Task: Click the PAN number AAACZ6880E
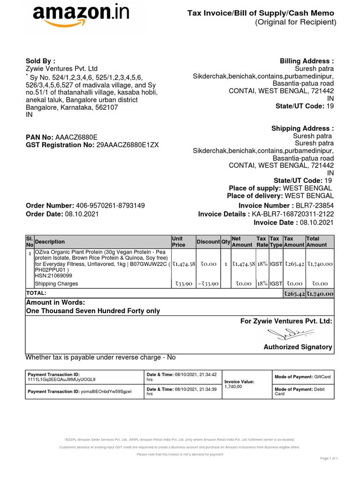pos(76,137)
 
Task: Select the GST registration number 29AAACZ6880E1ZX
pos(127,145)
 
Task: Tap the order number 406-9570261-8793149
pos(110,206)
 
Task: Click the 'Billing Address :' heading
pos(307,61)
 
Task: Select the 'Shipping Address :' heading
pos(302,128)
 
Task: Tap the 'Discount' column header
pos(208,242)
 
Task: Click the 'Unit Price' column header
pos(179,242)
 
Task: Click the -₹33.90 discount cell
pos(207,284)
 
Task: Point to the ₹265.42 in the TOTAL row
pos(294,293)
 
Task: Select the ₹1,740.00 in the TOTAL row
pos(320,293)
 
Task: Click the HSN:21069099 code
pos(54,276)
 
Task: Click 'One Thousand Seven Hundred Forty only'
pos(93,311)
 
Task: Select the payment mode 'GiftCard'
pos(322,377)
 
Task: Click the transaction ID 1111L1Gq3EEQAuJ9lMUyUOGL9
pos(62,379)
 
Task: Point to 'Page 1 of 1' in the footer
pos(329,458)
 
